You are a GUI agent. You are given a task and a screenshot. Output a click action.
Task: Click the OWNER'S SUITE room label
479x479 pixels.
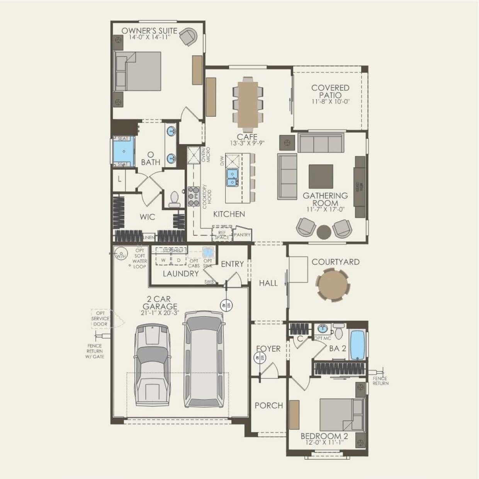point(149,31)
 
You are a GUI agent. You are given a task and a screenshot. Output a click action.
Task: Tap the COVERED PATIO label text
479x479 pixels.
point(330,92)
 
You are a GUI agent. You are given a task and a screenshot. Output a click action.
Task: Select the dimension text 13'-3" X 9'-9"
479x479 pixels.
point(247,143)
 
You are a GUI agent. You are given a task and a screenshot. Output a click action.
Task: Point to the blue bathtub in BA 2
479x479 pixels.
point(357,345)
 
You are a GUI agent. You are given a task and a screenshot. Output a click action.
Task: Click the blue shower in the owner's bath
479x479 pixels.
point(123,151)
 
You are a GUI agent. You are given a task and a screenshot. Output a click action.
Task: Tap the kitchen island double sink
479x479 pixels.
point(232,177)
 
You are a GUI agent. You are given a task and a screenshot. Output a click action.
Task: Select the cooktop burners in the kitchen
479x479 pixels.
point(193,196)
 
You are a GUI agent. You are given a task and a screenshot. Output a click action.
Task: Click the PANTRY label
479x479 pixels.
point(242,234)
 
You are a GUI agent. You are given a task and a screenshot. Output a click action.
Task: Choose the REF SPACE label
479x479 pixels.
point(222,235)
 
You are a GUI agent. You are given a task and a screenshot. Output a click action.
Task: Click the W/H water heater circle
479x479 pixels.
point(121,255)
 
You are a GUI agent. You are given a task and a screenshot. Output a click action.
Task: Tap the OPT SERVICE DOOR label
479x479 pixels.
point(100,319)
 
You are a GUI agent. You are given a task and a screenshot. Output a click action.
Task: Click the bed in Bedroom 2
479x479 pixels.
point(341,415)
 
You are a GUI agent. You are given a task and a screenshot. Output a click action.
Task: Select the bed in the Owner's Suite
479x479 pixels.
point(138,71)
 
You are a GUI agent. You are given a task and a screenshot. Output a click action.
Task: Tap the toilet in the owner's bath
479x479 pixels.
point(174,199)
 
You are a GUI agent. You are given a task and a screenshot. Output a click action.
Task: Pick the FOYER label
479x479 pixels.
point(268,349)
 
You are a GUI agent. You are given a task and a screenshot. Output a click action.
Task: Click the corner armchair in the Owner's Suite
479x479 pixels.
point(189,37)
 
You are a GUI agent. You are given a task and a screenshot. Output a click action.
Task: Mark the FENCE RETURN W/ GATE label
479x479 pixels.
point(95,352)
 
